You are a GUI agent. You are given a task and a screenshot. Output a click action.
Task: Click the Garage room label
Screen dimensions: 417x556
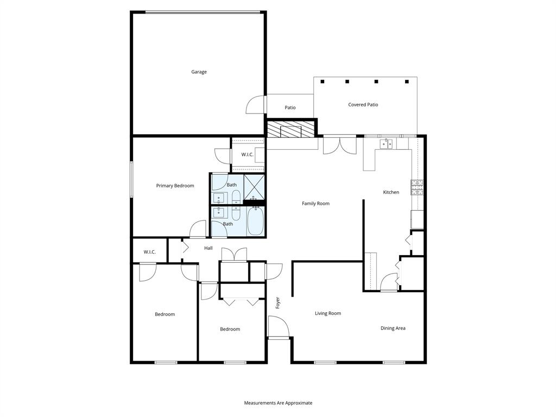[199, 72]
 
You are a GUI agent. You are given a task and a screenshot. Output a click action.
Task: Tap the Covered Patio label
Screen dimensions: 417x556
[363, 104]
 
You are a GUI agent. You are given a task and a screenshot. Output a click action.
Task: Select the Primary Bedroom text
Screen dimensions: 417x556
[175, 186]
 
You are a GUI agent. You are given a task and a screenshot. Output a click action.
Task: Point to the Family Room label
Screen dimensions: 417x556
[315, 204]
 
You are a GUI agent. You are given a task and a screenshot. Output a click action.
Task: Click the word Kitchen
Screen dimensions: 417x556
[391, 192]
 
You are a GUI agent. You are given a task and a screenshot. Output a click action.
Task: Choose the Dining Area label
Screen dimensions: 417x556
[393, 328]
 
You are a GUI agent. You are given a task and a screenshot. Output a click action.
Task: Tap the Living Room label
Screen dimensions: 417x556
[328, 313]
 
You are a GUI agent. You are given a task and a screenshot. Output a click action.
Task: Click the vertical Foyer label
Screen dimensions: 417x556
[277, 302]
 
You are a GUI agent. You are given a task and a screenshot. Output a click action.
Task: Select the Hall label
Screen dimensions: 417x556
[208, 248]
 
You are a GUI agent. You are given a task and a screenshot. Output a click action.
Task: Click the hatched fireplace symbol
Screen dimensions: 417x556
[290, 129]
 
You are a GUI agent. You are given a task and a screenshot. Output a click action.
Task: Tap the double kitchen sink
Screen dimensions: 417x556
[387, 144]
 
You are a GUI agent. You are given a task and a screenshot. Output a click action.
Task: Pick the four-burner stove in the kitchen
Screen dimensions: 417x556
[417, 187]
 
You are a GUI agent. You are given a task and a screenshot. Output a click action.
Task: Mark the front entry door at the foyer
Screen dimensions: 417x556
[278, 328]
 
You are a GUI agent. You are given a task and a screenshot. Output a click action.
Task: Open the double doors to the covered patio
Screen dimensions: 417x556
[339, 146]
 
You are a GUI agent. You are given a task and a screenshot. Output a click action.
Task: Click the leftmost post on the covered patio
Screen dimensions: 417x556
[323, 82]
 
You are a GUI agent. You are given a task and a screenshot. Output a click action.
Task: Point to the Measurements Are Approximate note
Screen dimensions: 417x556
[278, 403]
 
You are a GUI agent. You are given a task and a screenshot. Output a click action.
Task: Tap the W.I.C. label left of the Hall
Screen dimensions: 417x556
[150, 252]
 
